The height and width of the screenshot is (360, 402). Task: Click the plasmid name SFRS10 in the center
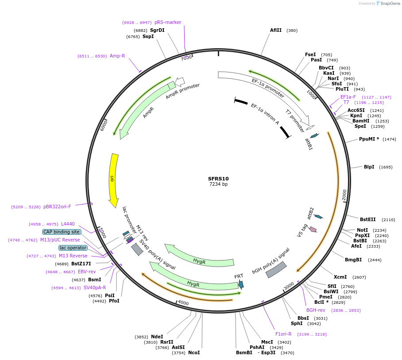pyautogui.click(x=218, y=179)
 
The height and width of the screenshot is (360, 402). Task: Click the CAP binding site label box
pyautogui.click(x=62, y=232)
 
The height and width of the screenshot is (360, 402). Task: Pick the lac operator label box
pyautogui.click(x=73, y=248)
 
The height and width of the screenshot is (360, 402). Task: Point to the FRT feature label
pyautogui.click(x=239, y=276)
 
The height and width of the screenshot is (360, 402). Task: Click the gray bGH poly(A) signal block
pyautogui.click(x=276, y=269)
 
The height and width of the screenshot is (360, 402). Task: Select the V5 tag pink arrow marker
pyautogui.click(x=313, y=229)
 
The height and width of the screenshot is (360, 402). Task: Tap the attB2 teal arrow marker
pyautogui.click(x=318, y=216)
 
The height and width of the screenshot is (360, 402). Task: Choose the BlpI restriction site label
pyautogui.click(x=369, y=167)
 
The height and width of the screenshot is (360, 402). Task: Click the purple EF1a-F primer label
pyautogui.click(x=348, y=97)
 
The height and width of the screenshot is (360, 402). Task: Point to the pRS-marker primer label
pyautogui.click(x=168, y=22)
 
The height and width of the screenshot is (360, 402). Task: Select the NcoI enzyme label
pyautogui.click(x=194, y=352)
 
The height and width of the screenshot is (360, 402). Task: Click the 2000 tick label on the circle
pyautogui.click(x=344, y=195)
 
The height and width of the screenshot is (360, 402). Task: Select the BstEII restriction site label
pyautogui.click(x=367, y=219)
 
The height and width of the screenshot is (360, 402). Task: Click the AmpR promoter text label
pyautogui.click(x=183, y=91)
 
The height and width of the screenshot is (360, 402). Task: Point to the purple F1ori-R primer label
pyautogui.click(x=283, y=334)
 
